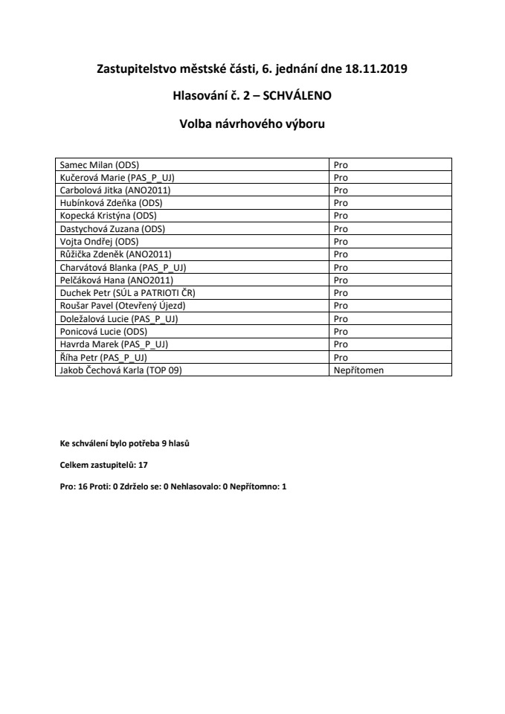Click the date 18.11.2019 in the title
[376, 70]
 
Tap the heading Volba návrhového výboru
[252, 123]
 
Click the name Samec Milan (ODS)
[100, 164]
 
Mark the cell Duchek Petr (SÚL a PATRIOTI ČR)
[127, 293]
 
